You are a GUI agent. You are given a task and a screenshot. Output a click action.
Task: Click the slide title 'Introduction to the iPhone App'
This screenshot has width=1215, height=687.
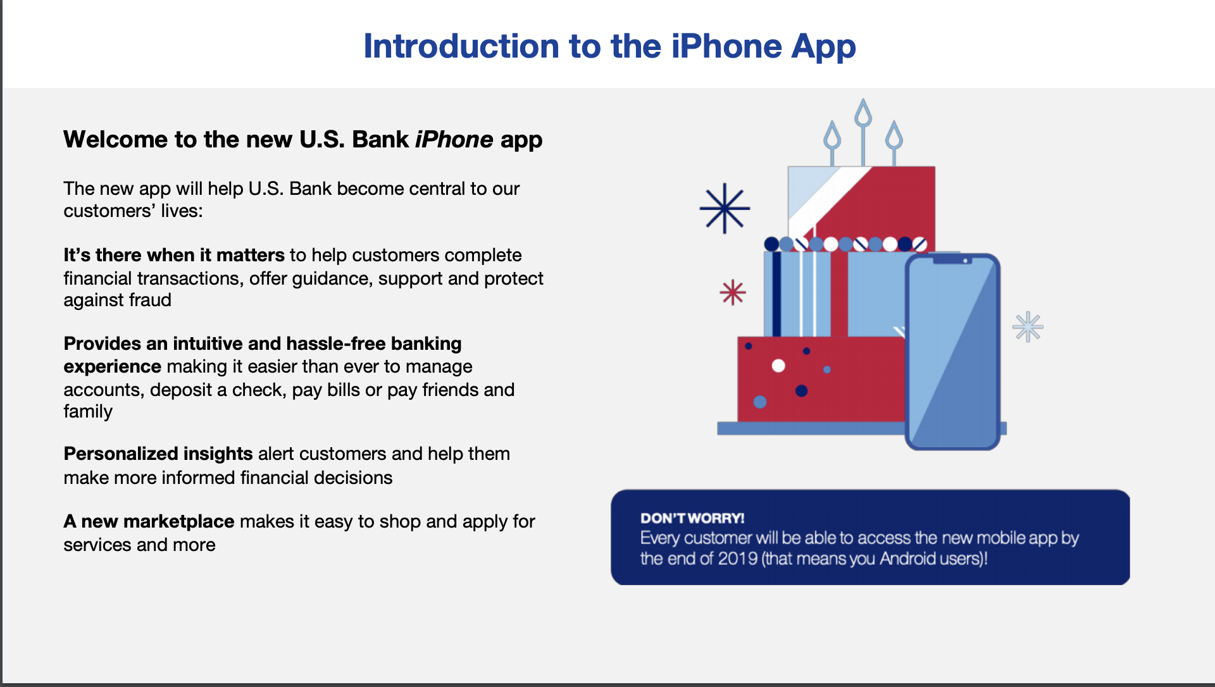coord(609,47)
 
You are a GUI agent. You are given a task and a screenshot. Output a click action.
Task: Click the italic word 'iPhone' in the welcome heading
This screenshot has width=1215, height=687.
coord(454,139)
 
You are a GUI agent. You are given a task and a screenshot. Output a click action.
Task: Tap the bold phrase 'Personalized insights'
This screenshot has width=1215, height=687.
coord(158,454)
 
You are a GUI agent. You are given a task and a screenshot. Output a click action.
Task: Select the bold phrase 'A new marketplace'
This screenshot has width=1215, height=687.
coord(149,521)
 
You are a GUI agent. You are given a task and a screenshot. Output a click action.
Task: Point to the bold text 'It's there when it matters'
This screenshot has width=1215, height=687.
coord(174,255)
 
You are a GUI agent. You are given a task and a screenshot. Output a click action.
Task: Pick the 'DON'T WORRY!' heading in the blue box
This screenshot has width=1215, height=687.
coord(692,518)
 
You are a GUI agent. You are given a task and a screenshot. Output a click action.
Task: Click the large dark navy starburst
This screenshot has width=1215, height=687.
coord(725,208)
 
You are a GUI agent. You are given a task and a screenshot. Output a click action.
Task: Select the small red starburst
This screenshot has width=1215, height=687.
coord(733,292)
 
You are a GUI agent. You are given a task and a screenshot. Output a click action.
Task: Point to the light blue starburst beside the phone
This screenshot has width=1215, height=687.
coord(1028,327)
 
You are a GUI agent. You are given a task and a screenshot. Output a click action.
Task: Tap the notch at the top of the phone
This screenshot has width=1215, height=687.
coord(952,259)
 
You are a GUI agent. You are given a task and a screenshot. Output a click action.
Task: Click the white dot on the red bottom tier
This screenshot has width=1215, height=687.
coord(778,366)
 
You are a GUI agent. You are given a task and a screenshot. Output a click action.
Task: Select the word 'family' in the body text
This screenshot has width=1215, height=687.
coord(88,412)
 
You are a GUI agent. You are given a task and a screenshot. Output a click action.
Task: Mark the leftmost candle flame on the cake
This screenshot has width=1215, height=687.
coord(832,135)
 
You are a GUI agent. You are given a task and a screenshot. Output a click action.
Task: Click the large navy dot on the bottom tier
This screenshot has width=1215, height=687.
coord(801,391)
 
